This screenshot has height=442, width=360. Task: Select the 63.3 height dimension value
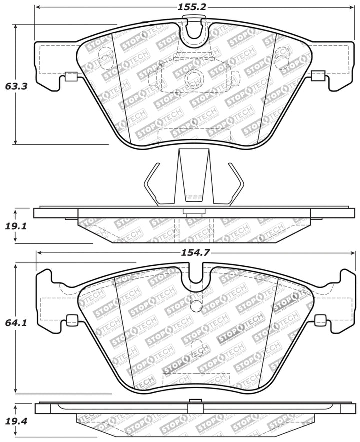(16, 86)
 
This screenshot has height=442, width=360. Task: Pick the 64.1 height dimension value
(16, 323)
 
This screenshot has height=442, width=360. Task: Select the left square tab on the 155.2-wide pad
(71, 77)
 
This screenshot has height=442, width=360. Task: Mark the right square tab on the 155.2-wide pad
(317, 76)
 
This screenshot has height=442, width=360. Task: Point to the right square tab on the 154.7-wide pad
(320, 320)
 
